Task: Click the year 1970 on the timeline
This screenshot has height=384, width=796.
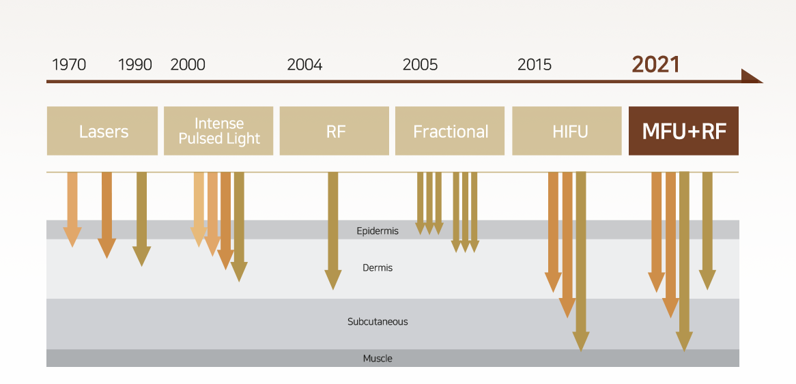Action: point(69,65)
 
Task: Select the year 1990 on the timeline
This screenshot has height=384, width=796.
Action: point(135,65)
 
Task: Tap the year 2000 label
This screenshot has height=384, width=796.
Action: point(188,65)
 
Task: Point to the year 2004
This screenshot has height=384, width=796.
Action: point(304,65)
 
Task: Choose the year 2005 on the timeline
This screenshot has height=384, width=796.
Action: point(421,65)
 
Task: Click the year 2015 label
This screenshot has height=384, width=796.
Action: point(535,65)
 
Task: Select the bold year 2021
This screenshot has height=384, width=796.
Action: point(656,64)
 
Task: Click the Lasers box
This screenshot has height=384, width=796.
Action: point(102,131)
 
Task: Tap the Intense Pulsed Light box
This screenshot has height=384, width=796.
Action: point(218,131)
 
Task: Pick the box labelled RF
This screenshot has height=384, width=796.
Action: point(334,131)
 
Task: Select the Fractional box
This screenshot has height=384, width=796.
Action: point(450,131)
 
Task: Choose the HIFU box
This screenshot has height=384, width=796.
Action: point(567,131)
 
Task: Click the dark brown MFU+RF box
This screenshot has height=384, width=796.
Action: point(683,131)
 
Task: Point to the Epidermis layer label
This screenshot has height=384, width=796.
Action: point(378,231)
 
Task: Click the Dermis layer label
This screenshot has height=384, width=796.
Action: point(378,267)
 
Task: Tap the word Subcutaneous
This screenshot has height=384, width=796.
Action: point(378,322)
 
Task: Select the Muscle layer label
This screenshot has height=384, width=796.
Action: point(378,359)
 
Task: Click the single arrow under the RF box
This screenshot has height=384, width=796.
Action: point(333,231)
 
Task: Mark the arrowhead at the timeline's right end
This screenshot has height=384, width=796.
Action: point(752,76)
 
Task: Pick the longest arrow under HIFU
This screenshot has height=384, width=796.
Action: point(581,261)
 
